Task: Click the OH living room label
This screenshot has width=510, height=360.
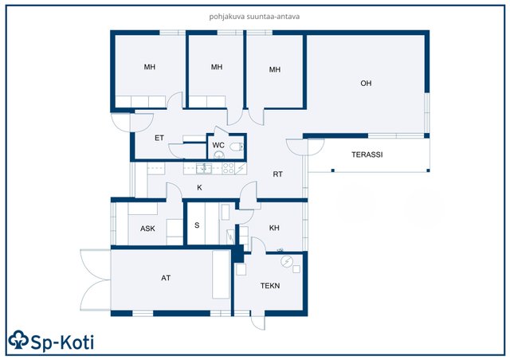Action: [366, 84]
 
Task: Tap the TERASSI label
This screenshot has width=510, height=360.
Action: [367, 155]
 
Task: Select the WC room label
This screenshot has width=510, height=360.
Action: [218, 145]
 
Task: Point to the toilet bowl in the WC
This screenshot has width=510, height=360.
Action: [236, 147]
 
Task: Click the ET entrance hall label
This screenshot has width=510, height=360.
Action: [159, 138]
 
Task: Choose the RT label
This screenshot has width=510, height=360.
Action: [278, 174]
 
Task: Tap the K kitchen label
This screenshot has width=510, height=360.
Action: [200, 187]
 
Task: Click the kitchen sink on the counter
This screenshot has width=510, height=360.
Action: [204, 169]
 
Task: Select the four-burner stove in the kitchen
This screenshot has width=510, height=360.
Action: [228, 169]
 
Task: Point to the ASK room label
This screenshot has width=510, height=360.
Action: [147, 229]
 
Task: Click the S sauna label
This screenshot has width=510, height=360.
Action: [197, 225]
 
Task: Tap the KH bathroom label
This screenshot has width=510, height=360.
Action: [274, 228]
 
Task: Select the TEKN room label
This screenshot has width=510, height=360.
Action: [270, 285]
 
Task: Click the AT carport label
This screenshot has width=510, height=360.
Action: [166, 278]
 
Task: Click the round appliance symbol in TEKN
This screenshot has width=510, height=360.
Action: [287, 261]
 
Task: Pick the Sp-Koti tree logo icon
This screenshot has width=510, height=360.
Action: [19, 340]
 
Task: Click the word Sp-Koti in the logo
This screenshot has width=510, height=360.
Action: [62, 342]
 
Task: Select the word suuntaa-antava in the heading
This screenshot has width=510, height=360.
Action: [273, 16]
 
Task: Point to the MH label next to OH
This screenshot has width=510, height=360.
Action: [275, 69]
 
